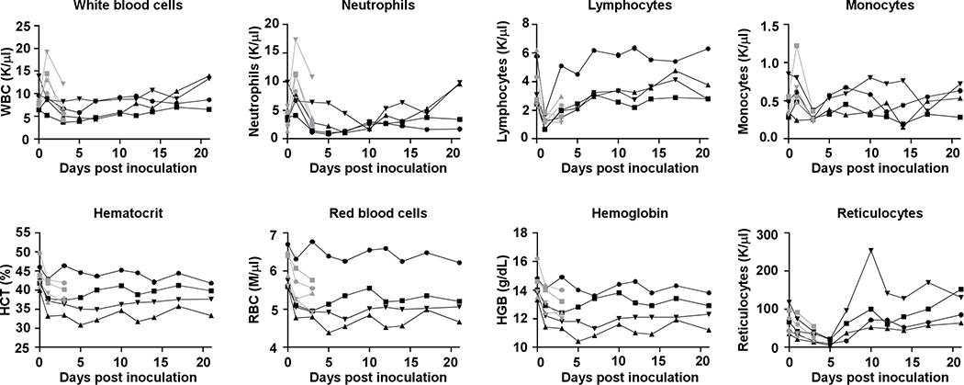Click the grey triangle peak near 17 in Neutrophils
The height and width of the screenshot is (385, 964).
pyautogui.click(x=296, y=40)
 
